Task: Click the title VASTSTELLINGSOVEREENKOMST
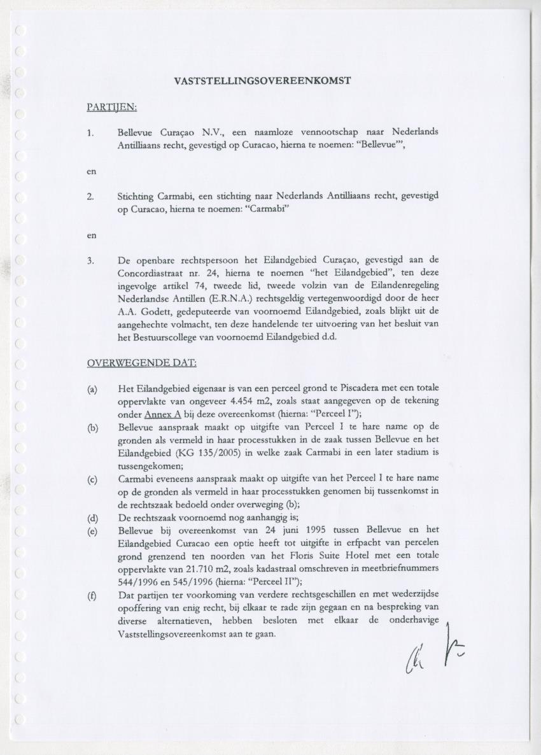click(262, 81)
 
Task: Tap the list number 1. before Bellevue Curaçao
click(90, 132)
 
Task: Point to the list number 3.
click(90, 260)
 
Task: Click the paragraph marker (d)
click(92, 516)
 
